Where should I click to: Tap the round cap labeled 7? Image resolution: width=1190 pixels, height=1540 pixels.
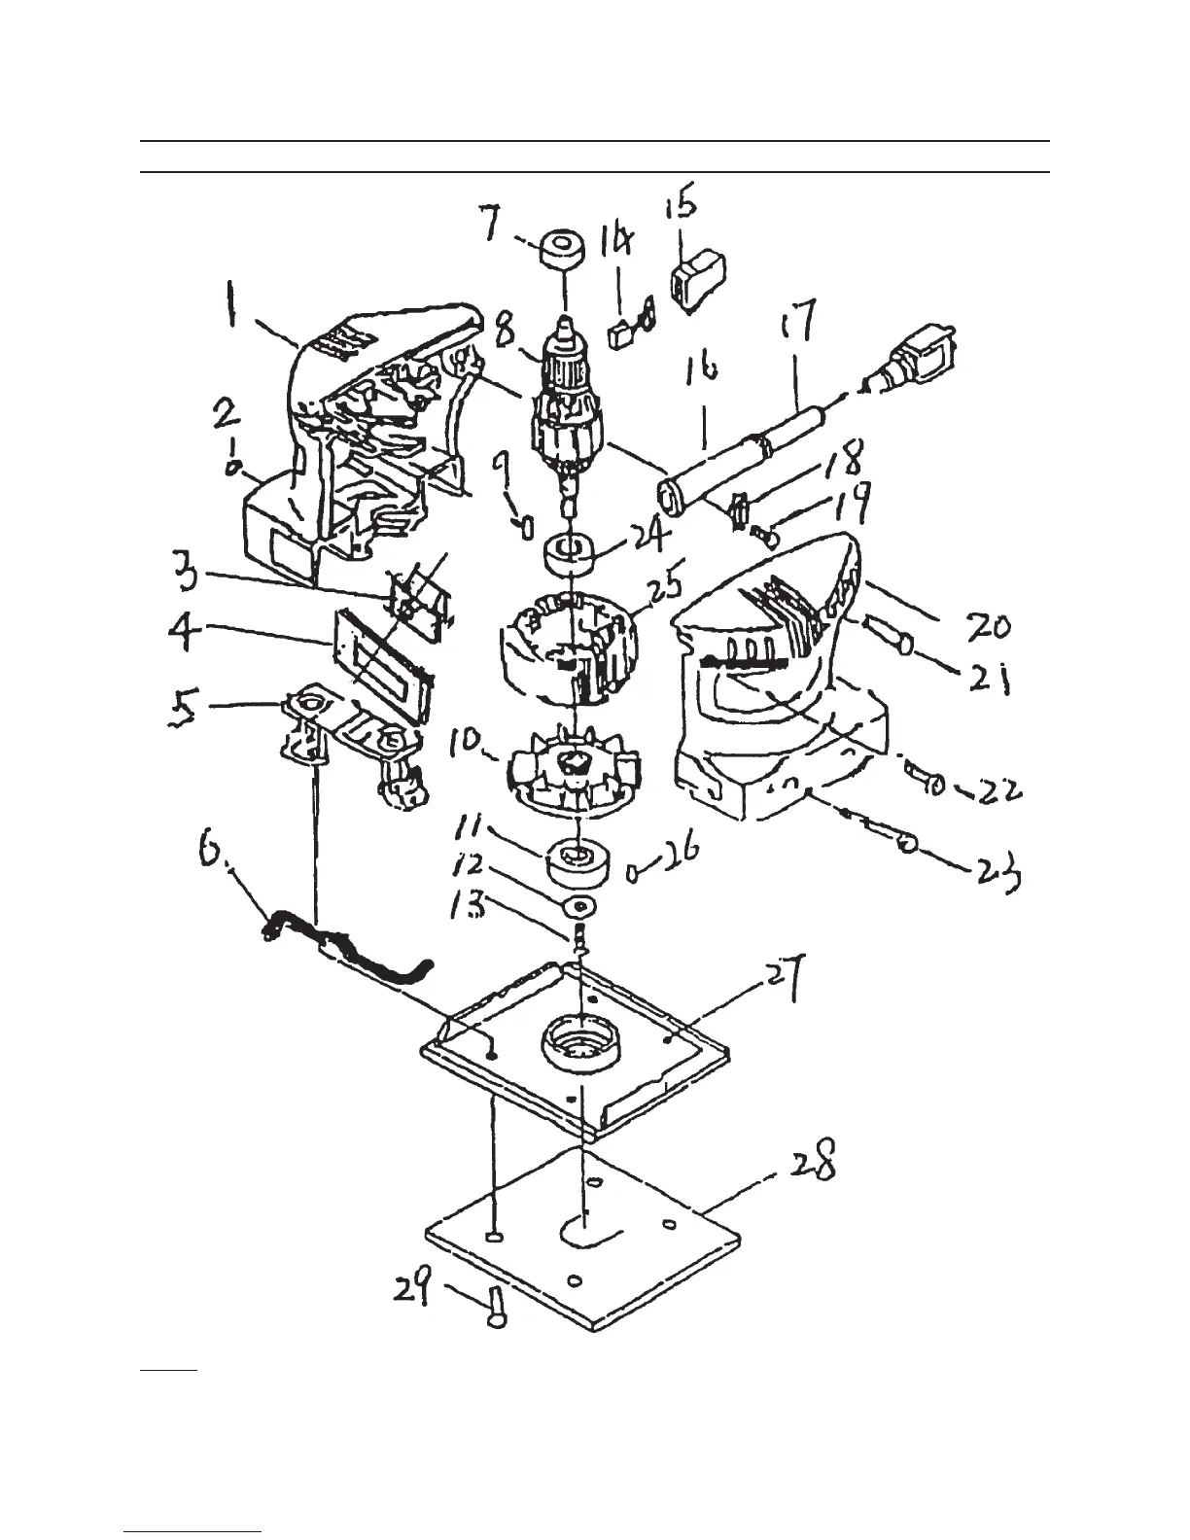point(564,249)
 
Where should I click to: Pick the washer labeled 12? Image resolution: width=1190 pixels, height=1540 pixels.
point(579,906)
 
